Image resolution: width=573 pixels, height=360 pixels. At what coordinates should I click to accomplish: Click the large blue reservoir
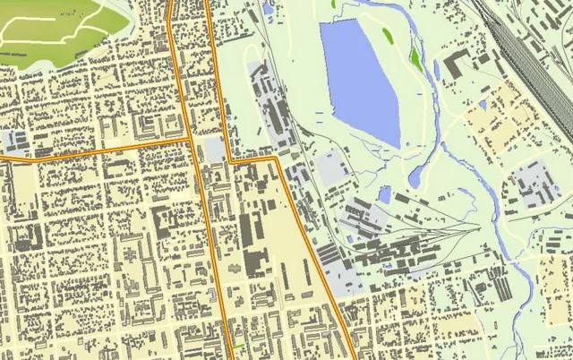coord(358,76)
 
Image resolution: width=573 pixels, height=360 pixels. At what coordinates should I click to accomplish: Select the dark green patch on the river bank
coord(415,58)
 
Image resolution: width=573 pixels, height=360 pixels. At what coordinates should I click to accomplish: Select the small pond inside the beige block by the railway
coord(482,105)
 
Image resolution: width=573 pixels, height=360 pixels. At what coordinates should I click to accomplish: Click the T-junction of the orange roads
coord(191,141)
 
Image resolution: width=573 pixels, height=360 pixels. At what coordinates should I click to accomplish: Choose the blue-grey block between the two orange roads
coord(215,148)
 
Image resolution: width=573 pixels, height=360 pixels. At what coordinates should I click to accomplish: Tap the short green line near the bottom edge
coord(238,347)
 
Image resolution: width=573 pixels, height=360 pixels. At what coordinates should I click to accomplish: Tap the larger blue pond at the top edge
coord(268,7)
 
